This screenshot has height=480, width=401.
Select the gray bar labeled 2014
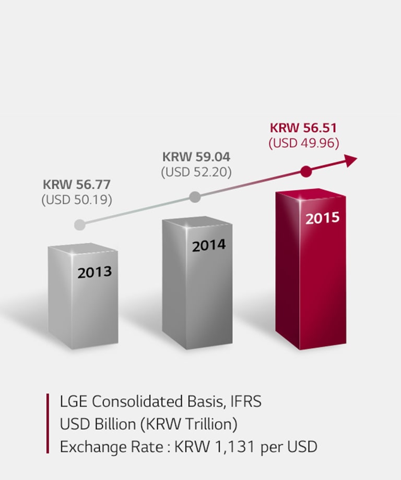coord(197,292)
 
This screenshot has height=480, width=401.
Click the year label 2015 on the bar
coord(322,218)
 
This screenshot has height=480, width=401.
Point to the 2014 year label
coord(209,245)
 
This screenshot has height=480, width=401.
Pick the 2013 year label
coord(95,272)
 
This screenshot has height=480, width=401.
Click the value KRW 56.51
coord(304,128)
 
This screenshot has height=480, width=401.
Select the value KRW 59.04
coord(196,156)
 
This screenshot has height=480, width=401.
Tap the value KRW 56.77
coord(77,184)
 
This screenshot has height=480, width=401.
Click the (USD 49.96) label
coord(304,143)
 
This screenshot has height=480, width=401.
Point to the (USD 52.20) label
coord(196,171)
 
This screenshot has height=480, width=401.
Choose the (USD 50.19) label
coord(77,200)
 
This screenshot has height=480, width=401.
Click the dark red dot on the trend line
coord(306,171)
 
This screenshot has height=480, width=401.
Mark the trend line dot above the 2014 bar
coord(195,197)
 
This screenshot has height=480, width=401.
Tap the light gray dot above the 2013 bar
coord(79,225)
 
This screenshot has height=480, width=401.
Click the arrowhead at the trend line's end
coord(351,160)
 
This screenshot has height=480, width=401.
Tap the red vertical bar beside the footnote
coord(48,423)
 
